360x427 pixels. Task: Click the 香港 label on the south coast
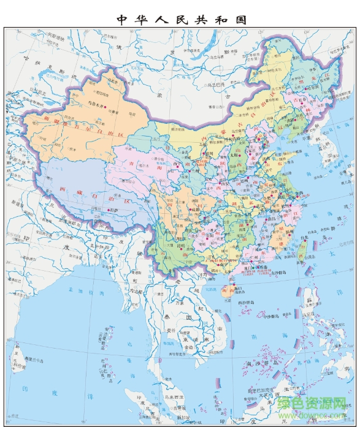[261, 267]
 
